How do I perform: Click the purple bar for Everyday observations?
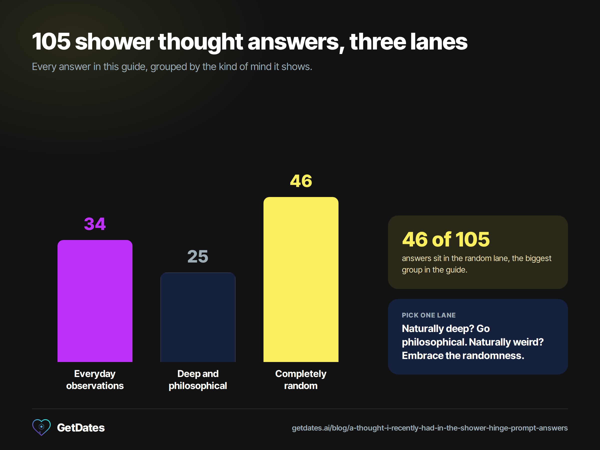click(x=95, y=301)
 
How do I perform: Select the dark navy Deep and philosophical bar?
click(x=198, y=317)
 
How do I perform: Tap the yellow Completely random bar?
click(x=301, y=279)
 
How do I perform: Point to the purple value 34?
click(x=95, y=224)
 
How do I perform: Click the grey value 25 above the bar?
click(x=198, y=256)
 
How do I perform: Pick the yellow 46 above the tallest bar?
click(x=301, y=181)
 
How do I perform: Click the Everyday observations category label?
click(x=95, y=380)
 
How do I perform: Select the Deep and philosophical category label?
click(x=198, y=380)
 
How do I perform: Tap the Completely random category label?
click(x=301, y=380)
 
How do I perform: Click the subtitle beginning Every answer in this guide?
click(x=172, y=67)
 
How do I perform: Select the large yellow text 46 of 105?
click(x=446, y=239)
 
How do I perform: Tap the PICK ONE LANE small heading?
click(x=428, y=315)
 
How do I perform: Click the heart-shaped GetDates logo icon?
click(x=41, y=427)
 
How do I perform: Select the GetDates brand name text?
click(x=81, y=428)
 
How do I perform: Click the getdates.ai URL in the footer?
click(x=430, y=428)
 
